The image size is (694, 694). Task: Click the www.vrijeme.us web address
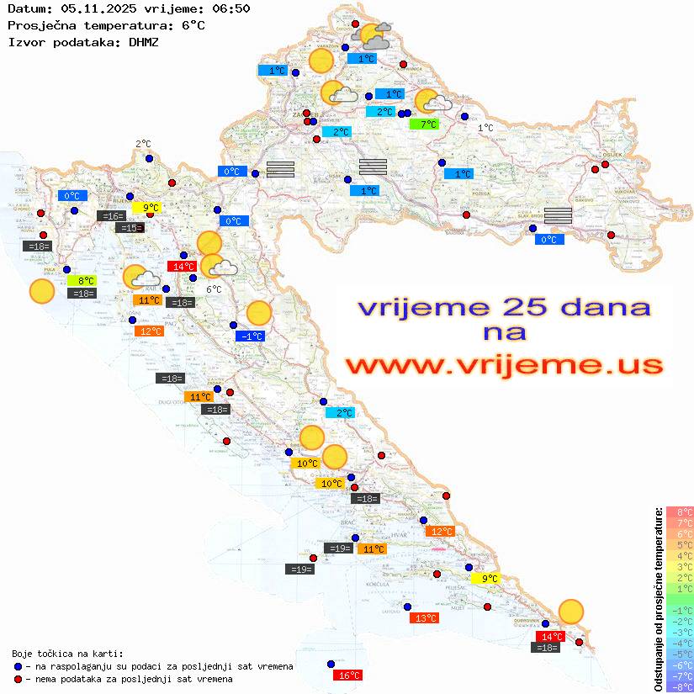[x=503, y=365]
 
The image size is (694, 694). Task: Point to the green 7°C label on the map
[x=424, y=124]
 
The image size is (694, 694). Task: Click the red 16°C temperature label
[x=348, y=675]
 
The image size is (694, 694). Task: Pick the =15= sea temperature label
[x=130, y=228]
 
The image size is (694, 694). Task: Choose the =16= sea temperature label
[x=111, y=216]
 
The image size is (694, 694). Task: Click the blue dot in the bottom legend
[x=18, y=666]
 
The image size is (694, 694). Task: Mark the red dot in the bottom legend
[x=18, y=679]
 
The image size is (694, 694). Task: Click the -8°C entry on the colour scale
[x=680, y=686]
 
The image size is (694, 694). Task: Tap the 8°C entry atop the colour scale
[x=680, y=511]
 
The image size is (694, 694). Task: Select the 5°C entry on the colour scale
[x=680, y=544]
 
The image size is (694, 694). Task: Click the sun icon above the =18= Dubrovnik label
[x=571, y=612]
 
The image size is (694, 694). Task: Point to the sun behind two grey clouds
[x=373, y=36]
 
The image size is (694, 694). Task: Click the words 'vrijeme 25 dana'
[x=503, y=308]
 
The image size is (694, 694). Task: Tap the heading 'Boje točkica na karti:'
[x=67, y=654]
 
